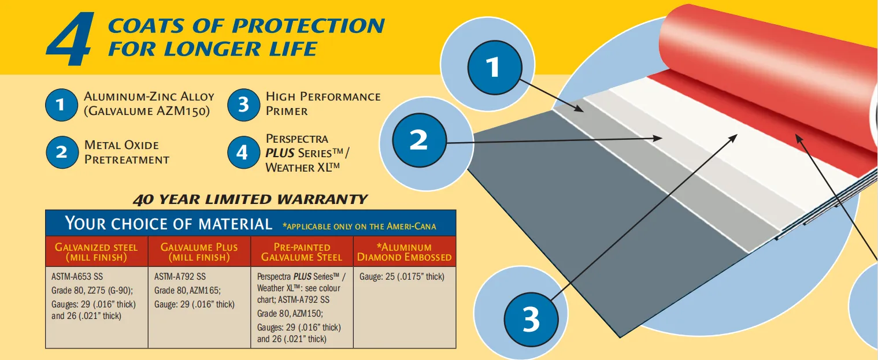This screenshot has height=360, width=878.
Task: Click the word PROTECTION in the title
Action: [x=309, y=26]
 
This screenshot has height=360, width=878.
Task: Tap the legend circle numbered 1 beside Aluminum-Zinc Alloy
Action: [x=61, y=105]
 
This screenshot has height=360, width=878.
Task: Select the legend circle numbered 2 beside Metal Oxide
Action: [x=62, y=152]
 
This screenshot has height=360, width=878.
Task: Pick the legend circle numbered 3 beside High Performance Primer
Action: [x=244, y=105]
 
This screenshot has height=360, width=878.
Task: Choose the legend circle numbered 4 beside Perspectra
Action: [x=244, y=152]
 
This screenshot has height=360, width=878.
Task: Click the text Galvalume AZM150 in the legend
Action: [x=147, y=111]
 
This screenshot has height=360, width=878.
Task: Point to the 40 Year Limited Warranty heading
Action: [x=250, y=199]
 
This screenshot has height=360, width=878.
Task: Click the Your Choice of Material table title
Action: [x=169, y=223]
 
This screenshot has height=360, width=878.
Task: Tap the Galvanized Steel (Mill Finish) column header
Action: [x=97, y=253]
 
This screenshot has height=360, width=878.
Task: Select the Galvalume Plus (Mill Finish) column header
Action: [x=199, y=253]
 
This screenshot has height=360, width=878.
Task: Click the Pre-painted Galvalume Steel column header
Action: [x=302, y=253]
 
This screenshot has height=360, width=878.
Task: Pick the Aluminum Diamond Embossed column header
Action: [x=405, y=253]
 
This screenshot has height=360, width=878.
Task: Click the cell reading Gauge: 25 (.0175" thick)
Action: [x=402, y=277]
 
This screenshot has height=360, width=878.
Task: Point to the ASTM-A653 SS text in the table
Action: [x=77, y=277]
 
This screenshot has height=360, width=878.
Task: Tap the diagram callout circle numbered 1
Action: [x=495, y=68]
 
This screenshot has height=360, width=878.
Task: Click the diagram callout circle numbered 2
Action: [x=420, y=140]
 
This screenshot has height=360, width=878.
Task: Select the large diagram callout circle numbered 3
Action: [x=531, y=319]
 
